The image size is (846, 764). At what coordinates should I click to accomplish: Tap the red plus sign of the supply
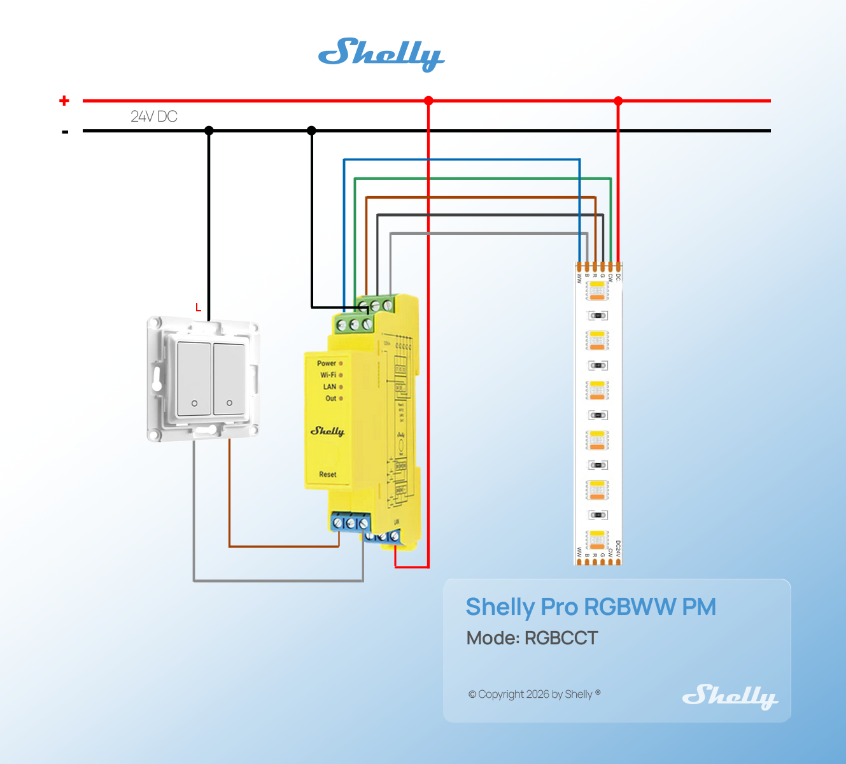pos(64,101)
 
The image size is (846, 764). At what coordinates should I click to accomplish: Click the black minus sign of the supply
pos(65,132)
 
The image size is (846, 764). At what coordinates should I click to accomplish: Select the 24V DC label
pos(154,117)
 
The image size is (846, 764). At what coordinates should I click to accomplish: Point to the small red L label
pos(198,308)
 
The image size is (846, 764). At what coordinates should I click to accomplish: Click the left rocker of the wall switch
pos(194,379)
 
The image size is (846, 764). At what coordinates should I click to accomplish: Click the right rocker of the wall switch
pos(229,379)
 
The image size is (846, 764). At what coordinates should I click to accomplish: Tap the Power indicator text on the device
pos(327,364)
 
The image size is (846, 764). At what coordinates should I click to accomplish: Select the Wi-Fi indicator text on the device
pos(328,375)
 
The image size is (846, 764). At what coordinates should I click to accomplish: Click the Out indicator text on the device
pos(331,399)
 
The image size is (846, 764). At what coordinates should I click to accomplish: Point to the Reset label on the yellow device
pos(328,474)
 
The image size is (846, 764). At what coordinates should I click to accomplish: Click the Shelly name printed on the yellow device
pos(327,431)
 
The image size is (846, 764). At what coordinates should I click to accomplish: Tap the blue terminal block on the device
pos(350,523)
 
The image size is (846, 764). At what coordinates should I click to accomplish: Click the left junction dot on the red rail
pos(428,101)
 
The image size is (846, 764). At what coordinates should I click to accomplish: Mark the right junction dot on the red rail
pos(618,101)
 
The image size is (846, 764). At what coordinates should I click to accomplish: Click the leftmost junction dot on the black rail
pos(209,131)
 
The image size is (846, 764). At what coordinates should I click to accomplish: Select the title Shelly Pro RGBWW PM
pos(591,607)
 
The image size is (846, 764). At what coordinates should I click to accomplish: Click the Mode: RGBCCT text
pos(532,638)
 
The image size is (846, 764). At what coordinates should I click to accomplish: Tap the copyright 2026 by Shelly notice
pos(534,694)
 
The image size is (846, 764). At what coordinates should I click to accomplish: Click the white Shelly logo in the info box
pos(730,696)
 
